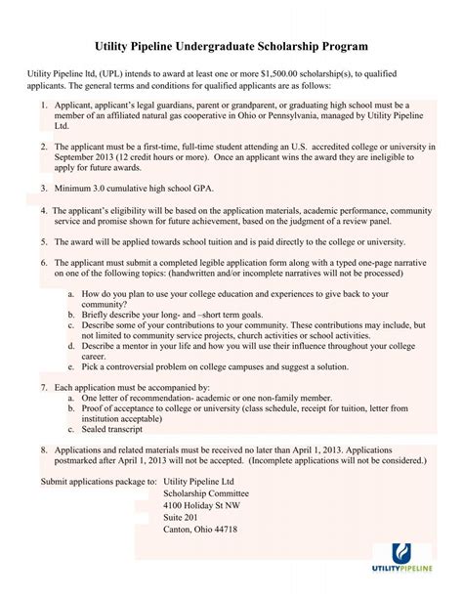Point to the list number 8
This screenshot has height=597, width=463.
(x=44, y=449)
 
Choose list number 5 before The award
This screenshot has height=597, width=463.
(x=44, y=237)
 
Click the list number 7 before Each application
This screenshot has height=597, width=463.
(x=44, y=388)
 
